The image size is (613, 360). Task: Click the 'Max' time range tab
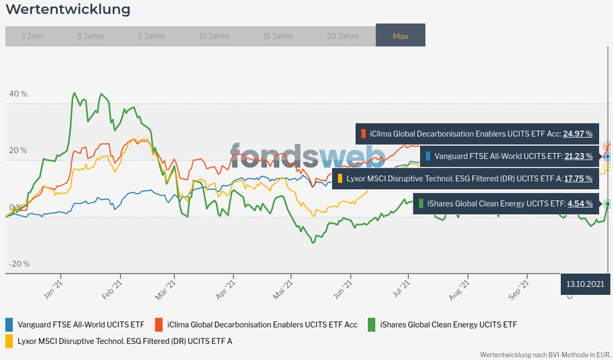[x=400, y=36]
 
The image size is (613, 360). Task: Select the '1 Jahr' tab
[x=32, y=36]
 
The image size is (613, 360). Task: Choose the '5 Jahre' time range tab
[x=152, y=36]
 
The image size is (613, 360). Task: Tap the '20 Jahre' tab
[x=343, y=36]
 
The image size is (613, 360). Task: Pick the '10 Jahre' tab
[x=214, y=36]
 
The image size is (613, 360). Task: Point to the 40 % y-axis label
[x=18, y=94]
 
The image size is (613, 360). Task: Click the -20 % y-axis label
[x=19, y=264]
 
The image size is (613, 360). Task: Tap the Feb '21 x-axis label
[x=112, y=290]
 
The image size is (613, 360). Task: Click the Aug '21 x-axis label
[x=459, y=290]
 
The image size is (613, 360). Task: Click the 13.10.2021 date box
[x=585, y=284]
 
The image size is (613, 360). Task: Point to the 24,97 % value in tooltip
[x=577, y=133]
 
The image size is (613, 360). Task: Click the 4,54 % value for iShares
[x=579, y=203]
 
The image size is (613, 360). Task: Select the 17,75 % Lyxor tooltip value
[x=577, y=178]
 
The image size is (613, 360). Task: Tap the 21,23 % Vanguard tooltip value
[x=578, y=156]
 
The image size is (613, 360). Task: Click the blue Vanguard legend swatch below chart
[x=9, y=324]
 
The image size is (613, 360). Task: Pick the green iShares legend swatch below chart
[x=372, y=324]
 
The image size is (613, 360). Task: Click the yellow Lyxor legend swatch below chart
[x=9, y=340]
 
